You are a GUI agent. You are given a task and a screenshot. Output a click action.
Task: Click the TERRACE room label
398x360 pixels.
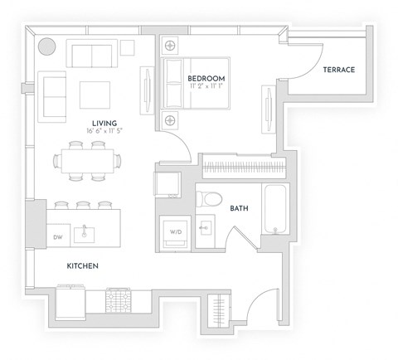click(x=338, y=70)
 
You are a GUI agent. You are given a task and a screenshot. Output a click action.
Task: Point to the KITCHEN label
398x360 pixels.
click(x=83, y=266)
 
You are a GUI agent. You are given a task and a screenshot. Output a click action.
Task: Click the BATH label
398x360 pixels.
click(x=240, y=209)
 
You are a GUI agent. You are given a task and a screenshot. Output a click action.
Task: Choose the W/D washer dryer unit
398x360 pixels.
click(x=176, y=231)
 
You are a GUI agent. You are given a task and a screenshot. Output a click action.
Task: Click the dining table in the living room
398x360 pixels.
click(x=88, y=159)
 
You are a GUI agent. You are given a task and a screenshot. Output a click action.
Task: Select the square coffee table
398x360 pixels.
click(x=95, y=95)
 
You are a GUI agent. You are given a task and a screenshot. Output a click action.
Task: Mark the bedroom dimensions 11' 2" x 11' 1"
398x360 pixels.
click(x=207, y=87)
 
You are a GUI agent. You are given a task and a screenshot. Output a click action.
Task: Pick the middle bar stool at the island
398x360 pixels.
click(x=83, y=205)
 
